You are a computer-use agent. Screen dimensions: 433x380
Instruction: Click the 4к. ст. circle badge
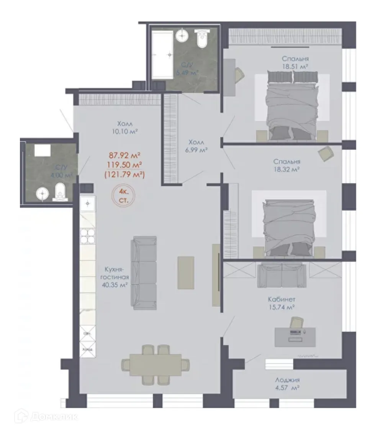click(x=123, y=196)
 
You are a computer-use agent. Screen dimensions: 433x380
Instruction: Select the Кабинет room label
click(x=282, y=299)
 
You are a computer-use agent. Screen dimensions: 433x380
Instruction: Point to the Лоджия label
click(x=287, y=380)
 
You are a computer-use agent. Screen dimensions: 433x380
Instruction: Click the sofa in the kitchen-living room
click(x=144, y=272)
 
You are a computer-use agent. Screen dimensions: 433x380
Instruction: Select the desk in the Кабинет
click(x=295, y=337)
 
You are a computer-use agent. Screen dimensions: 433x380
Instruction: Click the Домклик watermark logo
click(x=46, y=415)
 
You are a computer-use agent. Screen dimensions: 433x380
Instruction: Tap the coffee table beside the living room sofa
click(x=186, y=272)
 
